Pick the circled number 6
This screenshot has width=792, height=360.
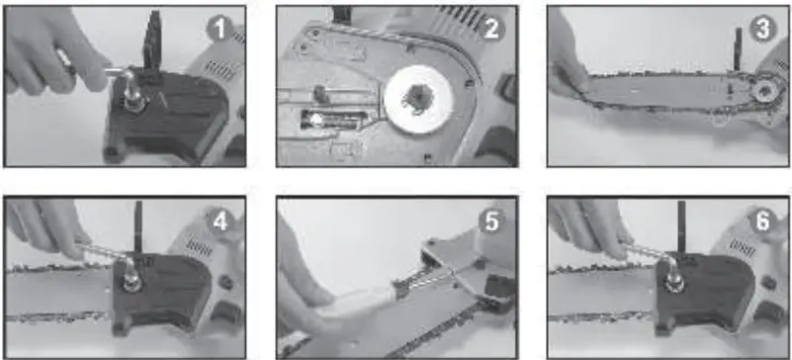[761, 222]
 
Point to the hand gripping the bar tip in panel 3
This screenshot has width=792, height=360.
[570, 69]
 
